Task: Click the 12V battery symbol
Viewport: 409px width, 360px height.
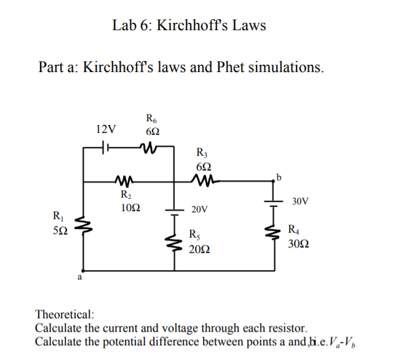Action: click(105, 148)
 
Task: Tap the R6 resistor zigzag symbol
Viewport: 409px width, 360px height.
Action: click(149, 148)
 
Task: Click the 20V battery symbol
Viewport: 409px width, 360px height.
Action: click(173, 211)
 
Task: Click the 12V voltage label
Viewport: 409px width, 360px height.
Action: click(106, 129)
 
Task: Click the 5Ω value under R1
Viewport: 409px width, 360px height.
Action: click(60, 230)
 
